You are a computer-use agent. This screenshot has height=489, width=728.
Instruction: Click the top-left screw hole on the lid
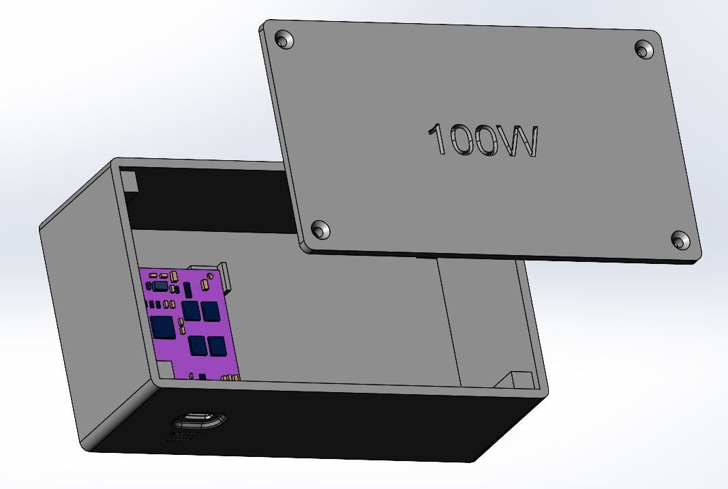coord(285,40)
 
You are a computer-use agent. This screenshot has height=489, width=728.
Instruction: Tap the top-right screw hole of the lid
coord(643,49)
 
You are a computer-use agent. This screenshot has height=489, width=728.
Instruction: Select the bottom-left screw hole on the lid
coord(320,230)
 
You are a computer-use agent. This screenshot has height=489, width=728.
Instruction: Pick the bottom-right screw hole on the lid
coord(680,239)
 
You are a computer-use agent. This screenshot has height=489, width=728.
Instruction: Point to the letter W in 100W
coord(518,142)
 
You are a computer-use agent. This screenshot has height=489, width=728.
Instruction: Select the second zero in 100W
coord(486,141)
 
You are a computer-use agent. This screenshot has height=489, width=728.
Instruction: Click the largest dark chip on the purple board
coord(163,327)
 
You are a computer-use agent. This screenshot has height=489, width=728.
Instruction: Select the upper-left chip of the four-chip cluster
coord(192,311)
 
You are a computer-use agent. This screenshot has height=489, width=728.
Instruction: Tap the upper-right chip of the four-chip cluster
coord(211,312)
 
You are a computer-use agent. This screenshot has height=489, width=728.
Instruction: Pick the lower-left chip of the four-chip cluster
coord(198,346)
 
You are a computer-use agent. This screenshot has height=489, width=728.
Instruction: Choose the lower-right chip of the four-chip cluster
coord(217,346)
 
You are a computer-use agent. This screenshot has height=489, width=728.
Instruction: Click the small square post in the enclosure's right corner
coord(521,380)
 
